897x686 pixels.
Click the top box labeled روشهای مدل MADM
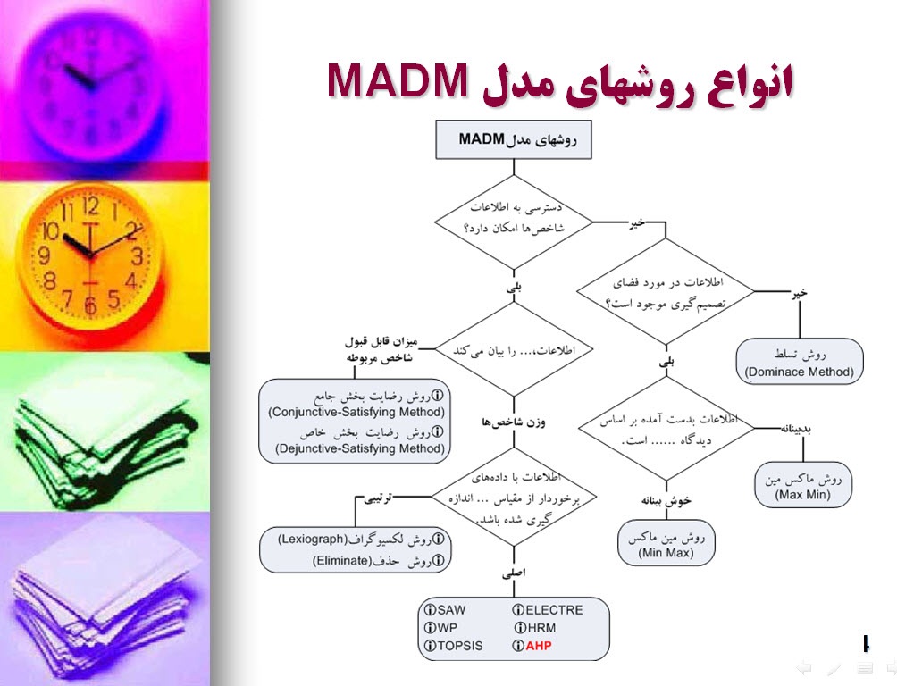(x=513, y=139)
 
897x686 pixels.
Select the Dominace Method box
(x=800, y=362)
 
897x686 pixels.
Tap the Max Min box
(x=802, y=485)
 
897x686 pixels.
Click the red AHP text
(x=539, y=646)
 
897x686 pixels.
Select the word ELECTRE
(x=554, y=610)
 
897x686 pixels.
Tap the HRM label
(x=541, y=628)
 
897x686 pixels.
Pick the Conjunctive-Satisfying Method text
(x=356, y=412)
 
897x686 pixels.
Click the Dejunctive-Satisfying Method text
(x=356, y=448)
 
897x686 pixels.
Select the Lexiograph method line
(x=359, y=540)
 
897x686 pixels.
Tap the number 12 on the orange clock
(x=90, y=208)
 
